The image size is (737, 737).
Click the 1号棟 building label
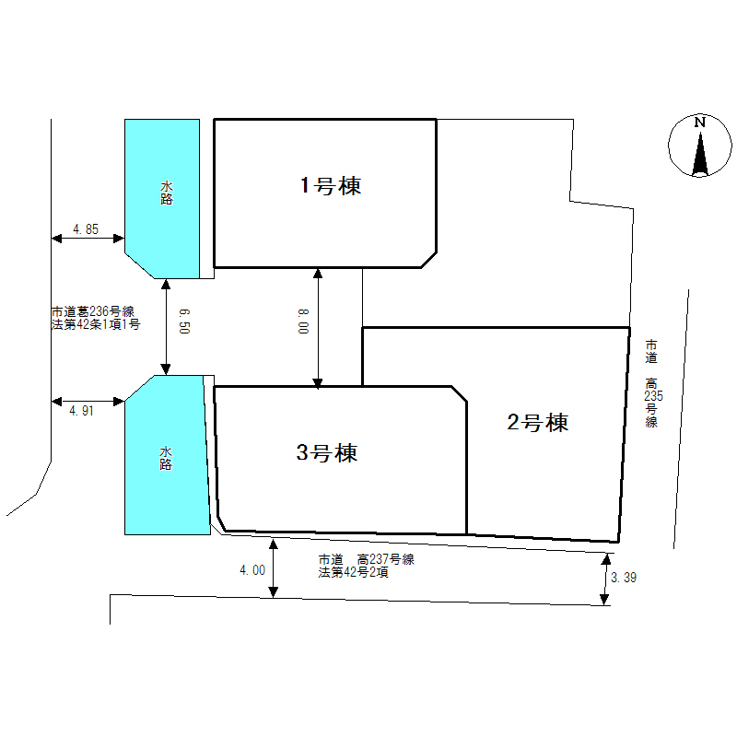click(x=331, y=186)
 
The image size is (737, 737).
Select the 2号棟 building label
click(x=538, y=422)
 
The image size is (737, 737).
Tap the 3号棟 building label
click(x=327, y=452)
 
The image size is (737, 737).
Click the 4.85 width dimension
click(x=86, y=229)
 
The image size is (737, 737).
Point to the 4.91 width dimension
click(x=81, y=411)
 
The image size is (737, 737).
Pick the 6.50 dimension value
click(x=184, y=321)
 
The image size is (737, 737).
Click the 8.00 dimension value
click(x=303, y=322)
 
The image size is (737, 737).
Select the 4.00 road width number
click(x=252, y=570)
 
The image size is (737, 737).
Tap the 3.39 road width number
click(x=624, y=578)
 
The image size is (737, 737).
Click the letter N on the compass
click(x=700, y=123)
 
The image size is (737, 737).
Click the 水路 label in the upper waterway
click(x=167, y=193)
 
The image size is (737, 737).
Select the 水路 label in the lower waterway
click(x=166, y=458)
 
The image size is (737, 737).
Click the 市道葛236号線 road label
click(x=93, y=311)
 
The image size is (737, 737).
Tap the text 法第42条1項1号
click(x=96, y=324)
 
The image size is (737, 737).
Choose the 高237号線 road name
click(x=386, y=559)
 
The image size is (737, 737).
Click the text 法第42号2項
click(x=354, y=572)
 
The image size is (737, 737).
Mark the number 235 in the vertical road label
click(x=653, y=396)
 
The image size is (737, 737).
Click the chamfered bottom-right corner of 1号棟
click(x=428, y=260)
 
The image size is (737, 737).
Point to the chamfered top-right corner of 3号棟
click(x=459, y=394)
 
